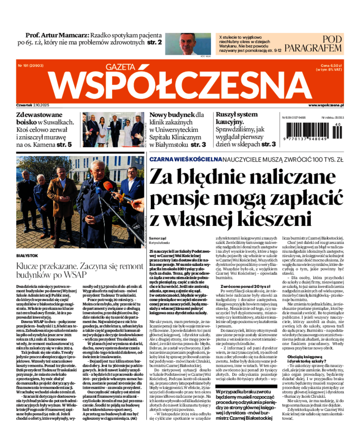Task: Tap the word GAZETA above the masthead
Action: point(121,67)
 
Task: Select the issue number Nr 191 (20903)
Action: point(31,65)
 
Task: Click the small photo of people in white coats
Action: point(113,129)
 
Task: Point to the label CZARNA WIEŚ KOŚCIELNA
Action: point(185,159)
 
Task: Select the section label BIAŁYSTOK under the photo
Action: point(27,255)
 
